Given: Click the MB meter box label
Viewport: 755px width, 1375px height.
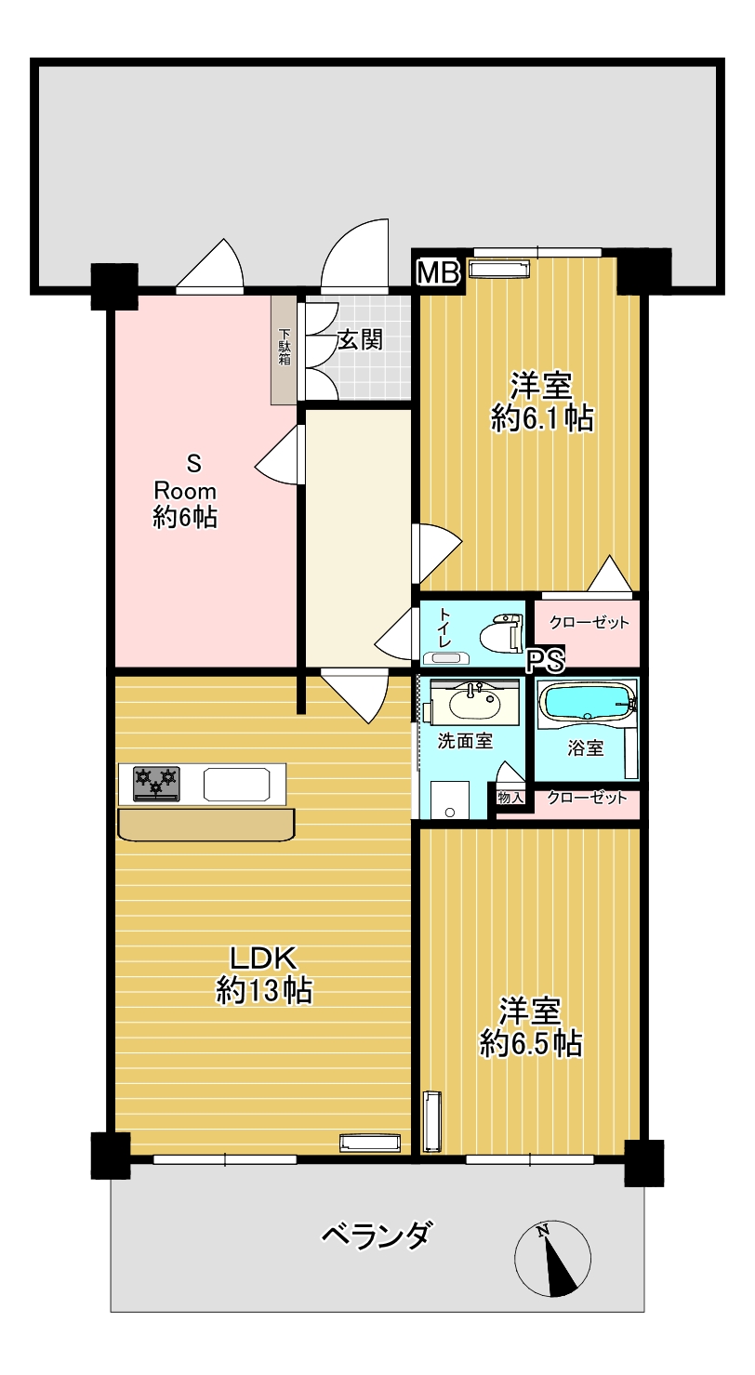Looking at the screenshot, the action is click(438, 272).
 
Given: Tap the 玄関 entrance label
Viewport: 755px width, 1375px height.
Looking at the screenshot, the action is click(361, 339).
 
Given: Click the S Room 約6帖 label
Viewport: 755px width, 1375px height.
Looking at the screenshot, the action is click(185, 491).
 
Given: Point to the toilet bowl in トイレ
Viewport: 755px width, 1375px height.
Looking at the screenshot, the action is click(502, 633).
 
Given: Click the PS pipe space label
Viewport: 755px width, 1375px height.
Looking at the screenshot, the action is click(546, 660).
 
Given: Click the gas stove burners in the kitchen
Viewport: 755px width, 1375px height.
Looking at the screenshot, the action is click(157, 784).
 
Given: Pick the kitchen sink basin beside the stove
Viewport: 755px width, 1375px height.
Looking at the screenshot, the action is click(236, 784).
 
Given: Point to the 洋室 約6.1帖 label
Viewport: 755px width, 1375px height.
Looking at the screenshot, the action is click(542, 402).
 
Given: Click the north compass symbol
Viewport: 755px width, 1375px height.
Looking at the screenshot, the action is click(552, 1258).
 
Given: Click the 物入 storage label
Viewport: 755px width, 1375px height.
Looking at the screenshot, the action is click(510, 798).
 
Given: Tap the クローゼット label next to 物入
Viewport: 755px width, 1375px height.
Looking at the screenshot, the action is click(587, 798).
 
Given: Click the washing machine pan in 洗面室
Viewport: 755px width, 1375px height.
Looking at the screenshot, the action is click(450, 800).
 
